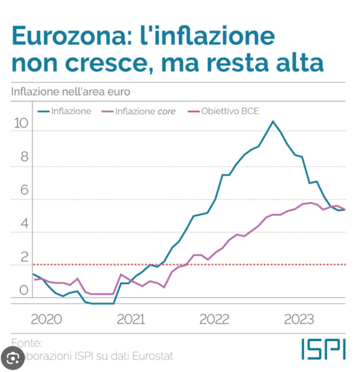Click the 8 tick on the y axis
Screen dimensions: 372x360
pyautogui.click(x=24, y=157)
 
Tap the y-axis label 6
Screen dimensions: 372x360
pyautogui.click(x=24, y=190)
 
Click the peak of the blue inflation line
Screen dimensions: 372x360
pyautogui.click(x=272, y=122)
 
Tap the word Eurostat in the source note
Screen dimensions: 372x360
pyautogui.click(x=151, y=356)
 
